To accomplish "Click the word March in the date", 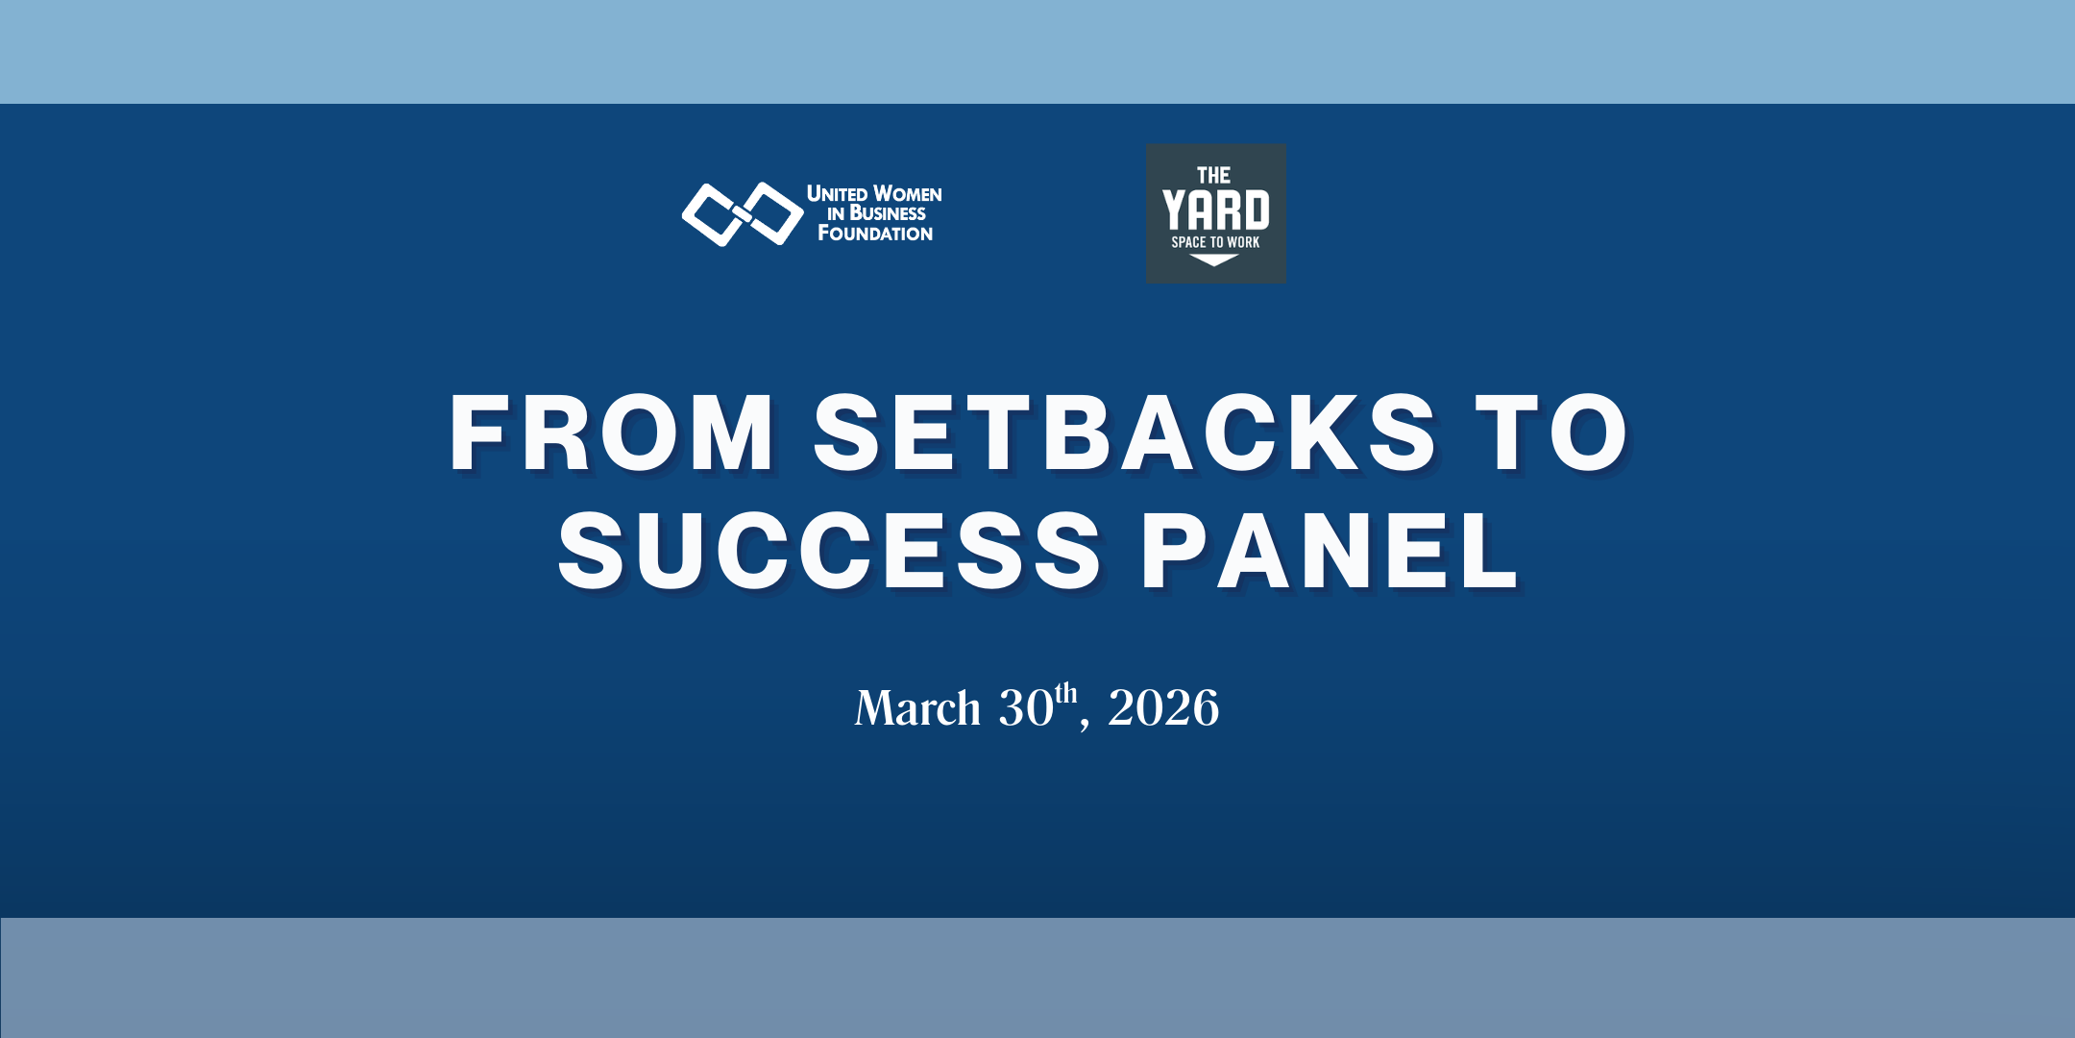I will pos(917,709).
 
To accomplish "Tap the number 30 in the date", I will pos(1026,709).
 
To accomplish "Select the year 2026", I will pos(1163,709).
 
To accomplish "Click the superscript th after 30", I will pos(1066,693).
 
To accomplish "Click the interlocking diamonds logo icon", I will pos(743,213).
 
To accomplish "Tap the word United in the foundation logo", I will pos(837,194).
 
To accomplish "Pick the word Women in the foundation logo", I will pos(908,194).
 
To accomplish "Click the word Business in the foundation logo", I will pos(888,213).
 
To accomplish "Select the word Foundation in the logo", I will pos(875,234).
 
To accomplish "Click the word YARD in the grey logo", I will pos(1216,210).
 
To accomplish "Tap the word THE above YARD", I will pos(1214,176).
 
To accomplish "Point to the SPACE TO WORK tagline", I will pos(1215,242).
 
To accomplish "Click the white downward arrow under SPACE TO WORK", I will pos(1214,259).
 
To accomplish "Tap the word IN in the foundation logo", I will pos(836,214).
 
